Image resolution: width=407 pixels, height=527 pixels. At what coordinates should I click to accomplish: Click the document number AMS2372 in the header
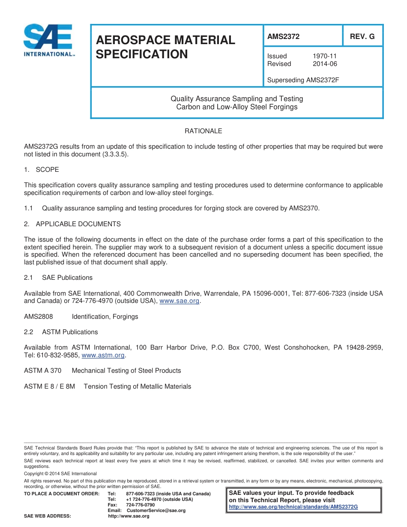pos(283,37)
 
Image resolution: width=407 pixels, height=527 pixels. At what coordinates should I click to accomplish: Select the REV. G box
pos(362,37)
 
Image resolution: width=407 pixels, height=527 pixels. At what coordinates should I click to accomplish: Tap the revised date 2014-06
pos(325,64)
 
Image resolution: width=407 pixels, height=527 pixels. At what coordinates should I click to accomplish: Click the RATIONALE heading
pos(203,131)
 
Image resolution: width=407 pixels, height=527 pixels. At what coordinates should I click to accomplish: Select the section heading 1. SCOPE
pos(42,170)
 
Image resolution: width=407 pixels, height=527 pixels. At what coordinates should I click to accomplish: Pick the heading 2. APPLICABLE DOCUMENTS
pos(72,224)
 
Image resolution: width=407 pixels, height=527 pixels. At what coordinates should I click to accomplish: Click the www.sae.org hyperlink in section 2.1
pos(180,301)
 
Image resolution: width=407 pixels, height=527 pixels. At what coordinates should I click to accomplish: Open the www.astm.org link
pos(103,355)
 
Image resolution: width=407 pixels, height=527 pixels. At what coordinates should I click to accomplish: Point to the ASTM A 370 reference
pos(42,371)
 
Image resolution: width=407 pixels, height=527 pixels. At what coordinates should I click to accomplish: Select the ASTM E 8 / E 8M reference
pos(49,386)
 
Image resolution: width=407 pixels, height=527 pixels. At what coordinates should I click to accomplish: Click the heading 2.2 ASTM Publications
pos(61,332)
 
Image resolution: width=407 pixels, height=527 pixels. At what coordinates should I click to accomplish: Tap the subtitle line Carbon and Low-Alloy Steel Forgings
pos(236,107)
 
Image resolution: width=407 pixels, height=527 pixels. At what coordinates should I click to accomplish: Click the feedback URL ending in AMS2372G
pos(293,507)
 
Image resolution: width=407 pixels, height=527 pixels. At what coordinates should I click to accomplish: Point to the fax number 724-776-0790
pos(141,505)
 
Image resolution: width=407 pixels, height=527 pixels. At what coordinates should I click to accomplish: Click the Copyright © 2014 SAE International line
pos(60,473)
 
